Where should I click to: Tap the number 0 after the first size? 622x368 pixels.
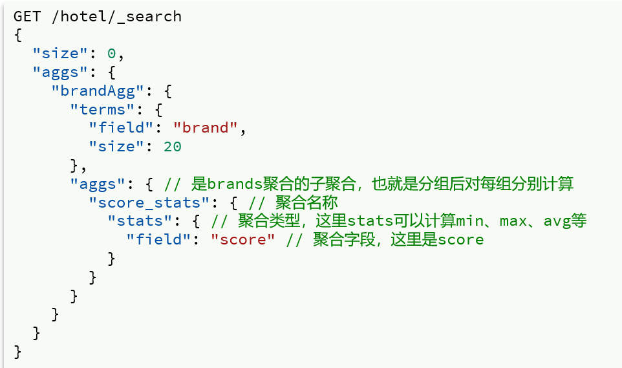click(x=111, y=53)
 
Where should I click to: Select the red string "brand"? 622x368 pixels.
click(x=205, y=128)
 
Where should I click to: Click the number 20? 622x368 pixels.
click(x=172, y=147)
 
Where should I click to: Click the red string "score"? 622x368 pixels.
click(x=242, y=240)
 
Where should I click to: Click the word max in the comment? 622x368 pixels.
click(x=513, y=221)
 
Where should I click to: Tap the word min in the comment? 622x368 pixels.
click(x=471, y=221)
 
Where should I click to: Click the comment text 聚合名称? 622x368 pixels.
click(x=307, y=202)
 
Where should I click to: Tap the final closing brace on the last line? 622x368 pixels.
click(x=17, y=352)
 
